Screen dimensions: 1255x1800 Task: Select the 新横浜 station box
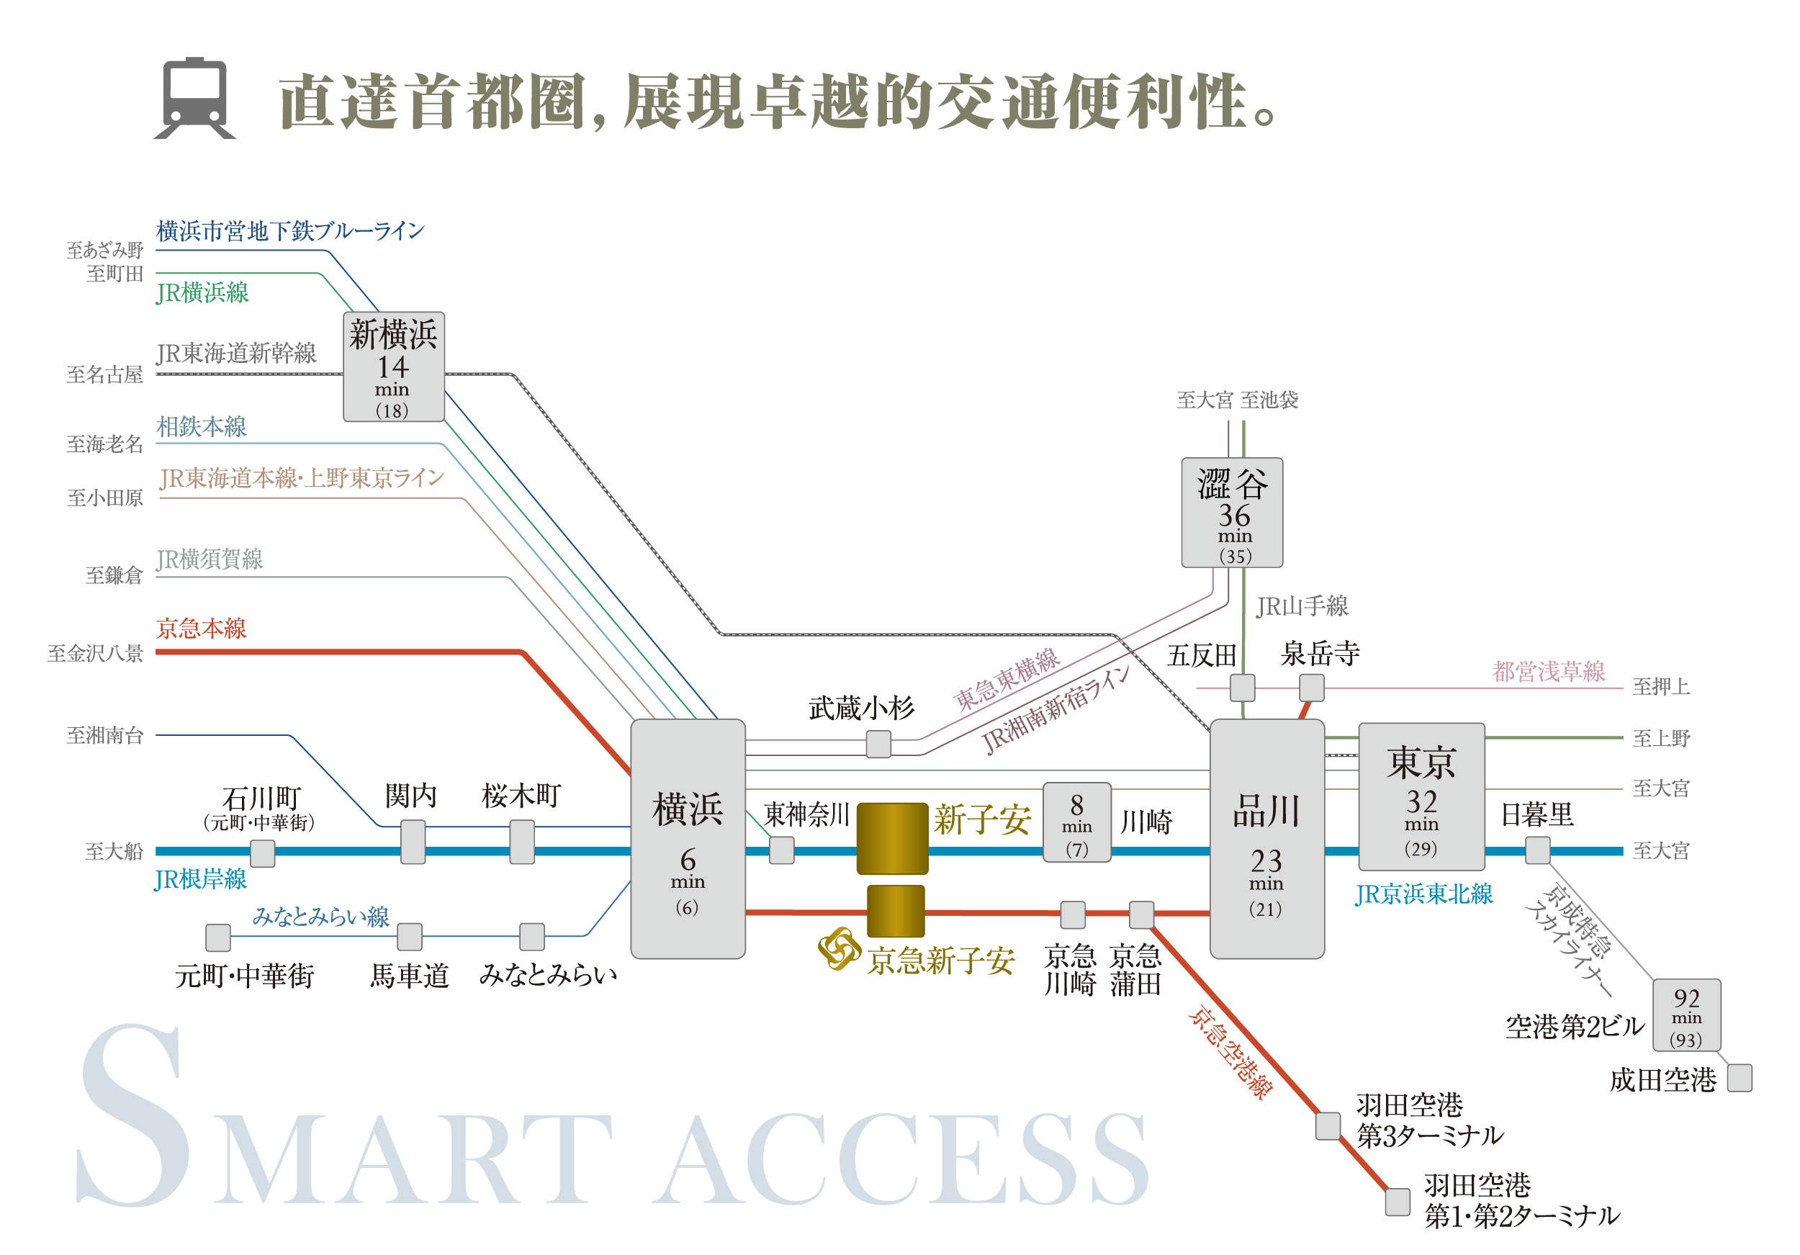pos(394,366)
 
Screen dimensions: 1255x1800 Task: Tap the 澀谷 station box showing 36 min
pos(1232,512)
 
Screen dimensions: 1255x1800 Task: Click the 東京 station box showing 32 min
pos(1421,796)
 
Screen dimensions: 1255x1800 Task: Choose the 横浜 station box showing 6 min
pos(688,838)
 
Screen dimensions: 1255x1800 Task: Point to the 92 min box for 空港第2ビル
pos(1686,1015)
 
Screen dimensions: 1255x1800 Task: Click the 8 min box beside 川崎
pos(1076,822)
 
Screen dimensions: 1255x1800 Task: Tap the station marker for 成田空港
pos(1740,1077)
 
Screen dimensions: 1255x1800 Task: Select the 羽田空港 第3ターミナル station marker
pos(1327,1125)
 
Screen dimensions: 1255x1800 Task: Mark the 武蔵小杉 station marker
pos(878,744)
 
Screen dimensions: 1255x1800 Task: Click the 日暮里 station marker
pos(1536,850)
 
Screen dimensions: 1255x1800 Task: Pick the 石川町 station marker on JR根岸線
pos(263,853)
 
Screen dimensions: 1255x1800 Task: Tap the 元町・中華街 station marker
pos(218,937)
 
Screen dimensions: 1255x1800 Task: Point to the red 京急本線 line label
pos(202,628)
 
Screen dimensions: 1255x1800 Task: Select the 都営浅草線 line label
pos(1547,671)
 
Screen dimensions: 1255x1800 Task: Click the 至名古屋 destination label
pos(105,374)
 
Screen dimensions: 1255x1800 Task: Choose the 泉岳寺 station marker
pos(1312,688)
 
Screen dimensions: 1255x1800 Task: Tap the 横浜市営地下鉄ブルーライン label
pos(290,230)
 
